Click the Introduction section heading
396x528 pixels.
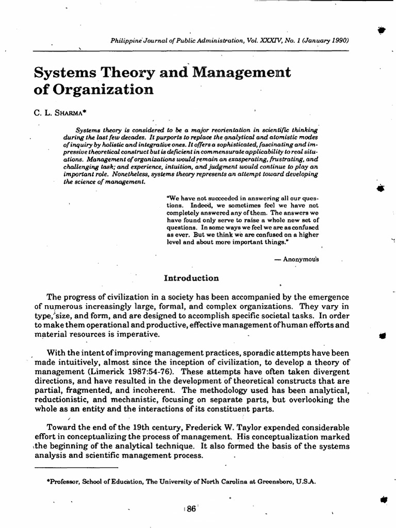191,278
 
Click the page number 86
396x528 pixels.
191,508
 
